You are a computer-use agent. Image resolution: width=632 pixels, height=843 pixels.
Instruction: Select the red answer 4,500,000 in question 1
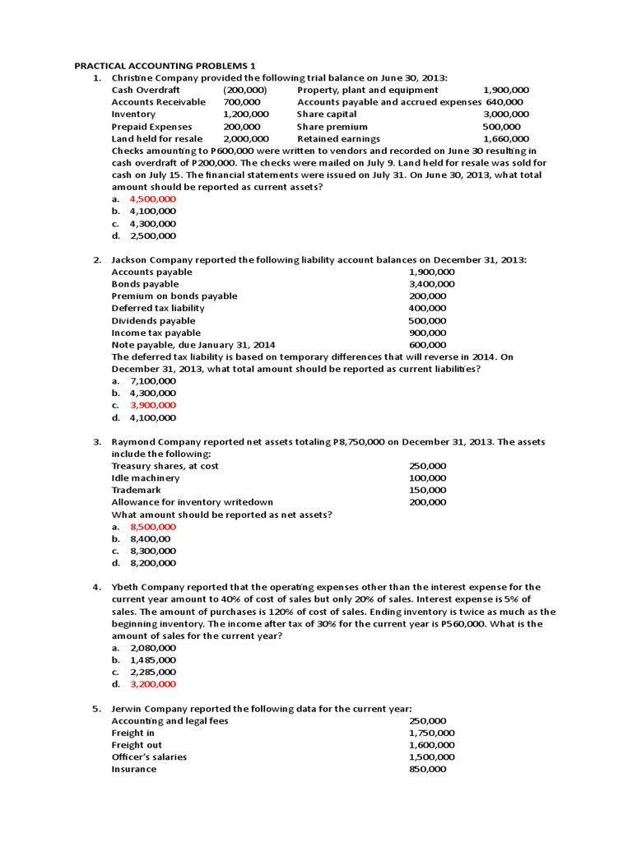coord(152,199)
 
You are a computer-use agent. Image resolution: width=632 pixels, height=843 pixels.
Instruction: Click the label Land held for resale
coord(158,139)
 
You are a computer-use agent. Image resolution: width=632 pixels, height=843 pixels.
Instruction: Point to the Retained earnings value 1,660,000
coord(506,139)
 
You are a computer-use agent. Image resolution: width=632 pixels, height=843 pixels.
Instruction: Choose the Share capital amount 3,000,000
coord(506,114)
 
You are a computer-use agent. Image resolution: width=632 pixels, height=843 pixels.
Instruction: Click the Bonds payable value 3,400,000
coord(431,284)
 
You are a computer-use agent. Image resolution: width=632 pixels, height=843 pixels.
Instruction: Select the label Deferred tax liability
coord(158,308)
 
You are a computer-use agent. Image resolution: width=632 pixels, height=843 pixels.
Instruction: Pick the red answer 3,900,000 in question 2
coord(152,405)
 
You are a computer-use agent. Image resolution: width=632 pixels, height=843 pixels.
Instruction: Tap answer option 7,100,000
coord(152,381)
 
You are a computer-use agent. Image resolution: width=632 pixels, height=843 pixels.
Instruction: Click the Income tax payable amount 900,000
coord(427,333)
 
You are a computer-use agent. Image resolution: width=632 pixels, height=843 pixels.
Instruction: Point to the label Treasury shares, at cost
coord(165,466)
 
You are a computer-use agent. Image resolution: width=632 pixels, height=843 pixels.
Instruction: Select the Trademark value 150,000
coord(427,490)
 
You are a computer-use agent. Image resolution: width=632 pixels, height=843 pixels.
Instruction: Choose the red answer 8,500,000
coord(152,526)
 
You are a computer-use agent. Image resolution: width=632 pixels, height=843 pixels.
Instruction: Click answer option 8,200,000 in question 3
coord(152,563)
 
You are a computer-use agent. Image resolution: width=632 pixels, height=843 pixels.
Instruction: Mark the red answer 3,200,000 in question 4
coord(152,684)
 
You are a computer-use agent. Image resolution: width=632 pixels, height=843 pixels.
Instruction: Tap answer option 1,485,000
coord(152,659)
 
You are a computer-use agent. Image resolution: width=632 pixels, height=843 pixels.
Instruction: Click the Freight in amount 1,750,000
coord(431,733)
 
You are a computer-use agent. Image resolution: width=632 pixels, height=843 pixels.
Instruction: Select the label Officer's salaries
coord(149,757)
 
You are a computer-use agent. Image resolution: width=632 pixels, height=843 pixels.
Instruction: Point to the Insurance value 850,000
coord(427,769)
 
